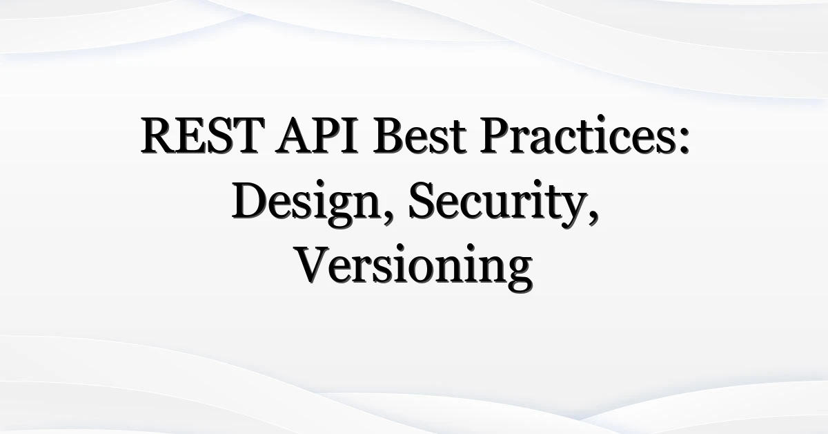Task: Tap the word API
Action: pyautogui.click(x=317, y=135)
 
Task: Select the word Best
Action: pyautogui.click(x=420, y=135)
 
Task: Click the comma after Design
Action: pyautogui.click(x=388, y=218)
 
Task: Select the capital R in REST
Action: pyautogui.click(x=158, y=135)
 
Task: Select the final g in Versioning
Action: pyautogui.click(x=520, y=274)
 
